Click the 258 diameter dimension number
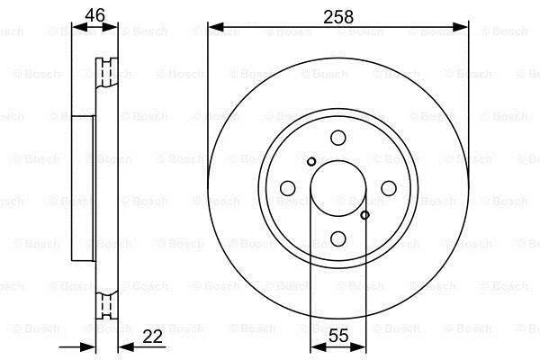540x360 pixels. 338,17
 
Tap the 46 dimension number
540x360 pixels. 94,15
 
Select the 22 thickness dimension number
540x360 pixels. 152,337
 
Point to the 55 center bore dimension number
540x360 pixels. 338,336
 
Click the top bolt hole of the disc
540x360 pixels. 338,138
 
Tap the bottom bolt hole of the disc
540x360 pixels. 337,238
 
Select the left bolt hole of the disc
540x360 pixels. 288,188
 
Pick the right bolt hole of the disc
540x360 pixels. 389,188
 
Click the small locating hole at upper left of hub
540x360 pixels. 311,161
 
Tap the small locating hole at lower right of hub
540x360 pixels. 365,215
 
